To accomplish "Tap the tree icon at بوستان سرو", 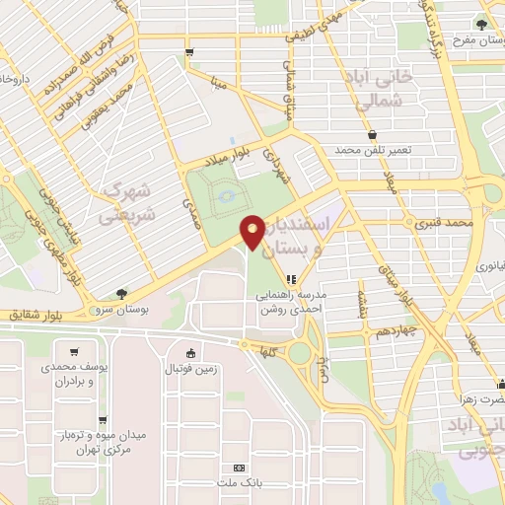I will click(x=121, y=293).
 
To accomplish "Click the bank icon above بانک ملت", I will click(x=238, y=468).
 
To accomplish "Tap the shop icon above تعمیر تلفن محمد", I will click(x=372, y=135).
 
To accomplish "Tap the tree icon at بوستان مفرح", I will click(x=481, y=25).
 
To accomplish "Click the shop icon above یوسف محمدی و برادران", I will click(x=73, y=351).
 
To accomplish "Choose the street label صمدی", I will click(x=188, y=204).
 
